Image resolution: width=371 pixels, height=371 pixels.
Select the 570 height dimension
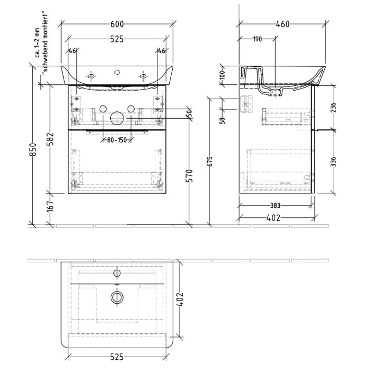pyautogui.click(x=190, y=175)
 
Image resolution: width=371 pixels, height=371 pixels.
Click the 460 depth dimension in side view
pyautogui.click(x=282, y=24)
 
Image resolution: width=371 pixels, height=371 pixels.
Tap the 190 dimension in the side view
pyautogui.click(x=257, y=39)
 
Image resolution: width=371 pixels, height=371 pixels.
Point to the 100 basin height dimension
pyautogui.click(x=223, y=75)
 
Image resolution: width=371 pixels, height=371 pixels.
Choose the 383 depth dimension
pyautogui.click(x=275, y=206)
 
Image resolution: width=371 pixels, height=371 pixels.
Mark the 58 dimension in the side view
pyautogui.click(x=223, y=120)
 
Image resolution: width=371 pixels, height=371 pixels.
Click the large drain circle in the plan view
pyautogui.click(x=116, y=297)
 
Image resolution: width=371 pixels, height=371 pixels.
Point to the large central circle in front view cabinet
pyautogui.click(x=116, y=118)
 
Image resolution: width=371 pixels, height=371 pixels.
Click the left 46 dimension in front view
pyautogui.click(x=73, y=51)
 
